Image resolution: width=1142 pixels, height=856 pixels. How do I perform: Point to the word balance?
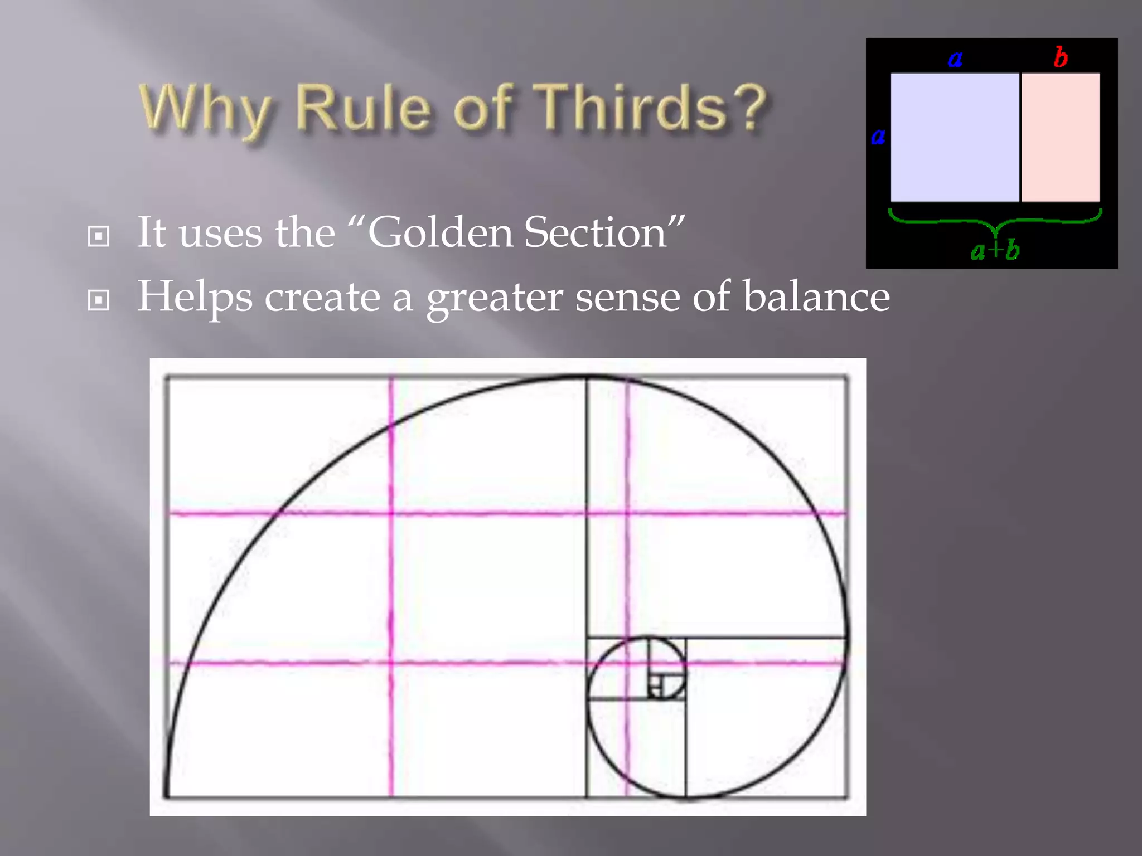pyautogui.click(x=816, y=296)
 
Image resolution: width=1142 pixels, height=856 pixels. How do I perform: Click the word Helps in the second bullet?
pyautogui.click(x=195, y=298)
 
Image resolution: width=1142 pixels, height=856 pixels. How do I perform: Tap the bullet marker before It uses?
pyautogui.click(x=99, y=236)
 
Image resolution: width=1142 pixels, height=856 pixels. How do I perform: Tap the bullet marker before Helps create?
pyautogui.click(x=99, y=301)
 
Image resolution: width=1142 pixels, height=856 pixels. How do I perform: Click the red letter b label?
pyautogui.click(x=1061, y=57)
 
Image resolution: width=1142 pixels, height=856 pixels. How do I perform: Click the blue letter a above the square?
pyautogui.click(x=955, y=59)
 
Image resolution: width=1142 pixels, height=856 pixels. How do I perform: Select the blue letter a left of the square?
pyautogui.click(x=878, y=136)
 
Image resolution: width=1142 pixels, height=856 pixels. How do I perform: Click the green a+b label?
pyautogui.click(x=995, y=250)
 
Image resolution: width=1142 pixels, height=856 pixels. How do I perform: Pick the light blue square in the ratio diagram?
pyautogui.click(x=955, y=137)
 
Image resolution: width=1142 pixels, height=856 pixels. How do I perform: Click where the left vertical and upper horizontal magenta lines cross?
pyautogui.click(x=391, y=513)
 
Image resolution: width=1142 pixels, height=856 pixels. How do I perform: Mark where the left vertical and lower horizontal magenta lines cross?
pyautogui.click(x=391, y=662)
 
